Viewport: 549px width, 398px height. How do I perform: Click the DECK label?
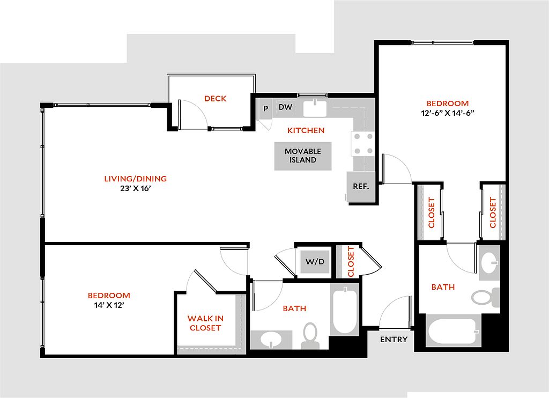(216, 99)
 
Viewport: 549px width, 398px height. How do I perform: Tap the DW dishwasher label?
(285, 107)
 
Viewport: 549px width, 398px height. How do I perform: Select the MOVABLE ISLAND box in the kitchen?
(303, 156)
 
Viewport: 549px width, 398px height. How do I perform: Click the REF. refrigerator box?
(361, 187)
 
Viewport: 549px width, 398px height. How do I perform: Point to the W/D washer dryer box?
(315, 261)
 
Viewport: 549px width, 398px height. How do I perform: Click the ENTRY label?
(394, 340)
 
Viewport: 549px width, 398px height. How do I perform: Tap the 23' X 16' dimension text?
(136, 188)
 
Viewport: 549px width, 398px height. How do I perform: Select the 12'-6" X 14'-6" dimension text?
(448, 113)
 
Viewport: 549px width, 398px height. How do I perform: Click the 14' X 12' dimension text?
(109, 305)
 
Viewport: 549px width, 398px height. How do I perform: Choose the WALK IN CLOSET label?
(205, 323)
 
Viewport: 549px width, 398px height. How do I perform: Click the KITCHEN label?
(306, 130)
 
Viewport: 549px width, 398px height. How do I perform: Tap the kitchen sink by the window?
(315, 108)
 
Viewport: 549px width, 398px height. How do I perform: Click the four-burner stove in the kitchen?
(362, 144)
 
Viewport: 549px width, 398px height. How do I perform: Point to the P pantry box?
(266, 108)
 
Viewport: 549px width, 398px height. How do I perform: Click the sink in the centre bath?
(271, 340)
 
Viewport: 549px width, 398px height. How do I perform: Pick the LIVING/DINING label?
(136, 179)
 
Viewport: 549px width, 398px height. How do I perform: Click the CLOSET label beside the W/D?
(351, 261)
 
